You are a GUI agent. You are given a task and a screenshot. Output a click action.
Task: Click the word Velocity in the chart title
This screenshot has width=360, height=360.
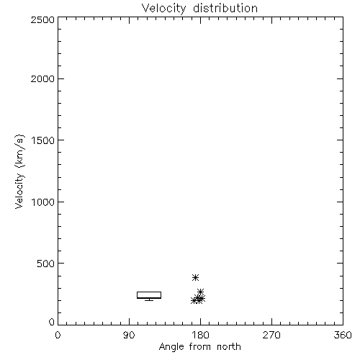[x=164, y=9]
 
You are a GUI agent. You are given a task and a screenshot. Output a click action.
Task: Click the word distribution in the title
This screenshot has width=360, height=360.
[x=225, y=8]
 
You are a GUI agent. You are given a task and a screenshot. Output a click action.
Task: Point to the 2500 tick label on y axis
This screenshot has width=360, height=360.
[x=42, y=19]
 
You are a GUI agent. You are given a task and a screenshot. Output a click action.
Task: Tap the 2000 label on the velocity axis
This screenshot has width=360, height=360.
[x=42, y=79]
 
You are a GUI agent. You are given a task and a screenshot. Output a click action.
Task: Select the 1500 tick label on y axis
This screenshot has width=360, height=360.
[x=43, y=140]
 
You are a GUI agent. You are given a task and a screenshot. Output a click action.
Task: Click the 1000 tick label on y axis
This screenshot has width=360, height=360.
[x=43, y=202]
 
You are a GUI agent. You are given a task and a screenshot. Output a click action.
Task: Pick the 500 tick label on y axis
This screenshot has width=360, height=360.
[x=46, y=264]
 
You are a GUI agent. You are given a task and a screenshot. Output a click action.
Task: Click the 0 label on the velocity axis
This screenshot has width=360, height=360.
[x=52, y=322]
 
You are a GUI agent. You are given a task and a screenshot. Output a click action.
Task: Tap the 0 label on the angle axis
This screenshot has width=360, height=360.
[x=58, y=335]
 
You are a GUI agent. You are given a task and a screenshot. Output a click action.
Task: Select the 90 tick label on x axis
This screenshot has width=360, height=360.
[x=129, y=335]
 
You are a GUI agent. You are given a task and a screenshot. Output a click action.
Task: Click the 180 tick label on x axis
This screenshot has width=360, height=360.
[x=200, y=335]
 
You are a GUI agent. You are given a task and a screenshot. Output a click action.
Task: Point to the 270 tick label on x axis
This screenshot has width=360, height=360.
[x=271, y=335]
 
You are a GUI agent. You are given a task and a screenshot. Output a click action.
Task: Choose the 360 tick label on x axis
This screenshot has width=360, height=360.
[x=343, y=335]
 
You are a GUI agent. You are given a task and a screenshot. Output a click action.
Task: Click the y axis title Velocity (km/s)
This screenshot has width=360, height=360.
[x=19, y=171]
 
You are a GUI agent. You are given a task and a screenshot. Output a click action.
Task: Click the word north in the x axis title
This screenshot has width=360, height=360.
[x=229, y=347]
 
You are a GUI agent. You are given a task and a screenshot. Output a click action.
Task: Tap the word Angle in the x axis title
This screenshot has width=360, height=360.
[x=171, y=347]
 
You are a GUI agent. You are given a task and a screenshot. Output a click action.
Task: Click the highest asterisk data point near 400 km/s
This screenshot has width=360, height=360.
[x=195, y=277]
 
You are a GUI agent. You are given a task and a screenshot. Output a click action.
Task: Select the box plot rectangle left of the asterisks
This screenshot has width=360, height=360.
[x=149, y=292]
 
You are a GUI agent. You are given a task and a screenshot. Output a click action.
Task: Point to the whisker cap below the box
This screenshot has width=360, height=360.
[x=149, y=300]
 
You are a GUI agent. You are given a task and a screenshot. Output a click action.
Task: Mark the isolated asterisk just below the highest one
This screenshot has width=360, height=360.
[x=200, y=292]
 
